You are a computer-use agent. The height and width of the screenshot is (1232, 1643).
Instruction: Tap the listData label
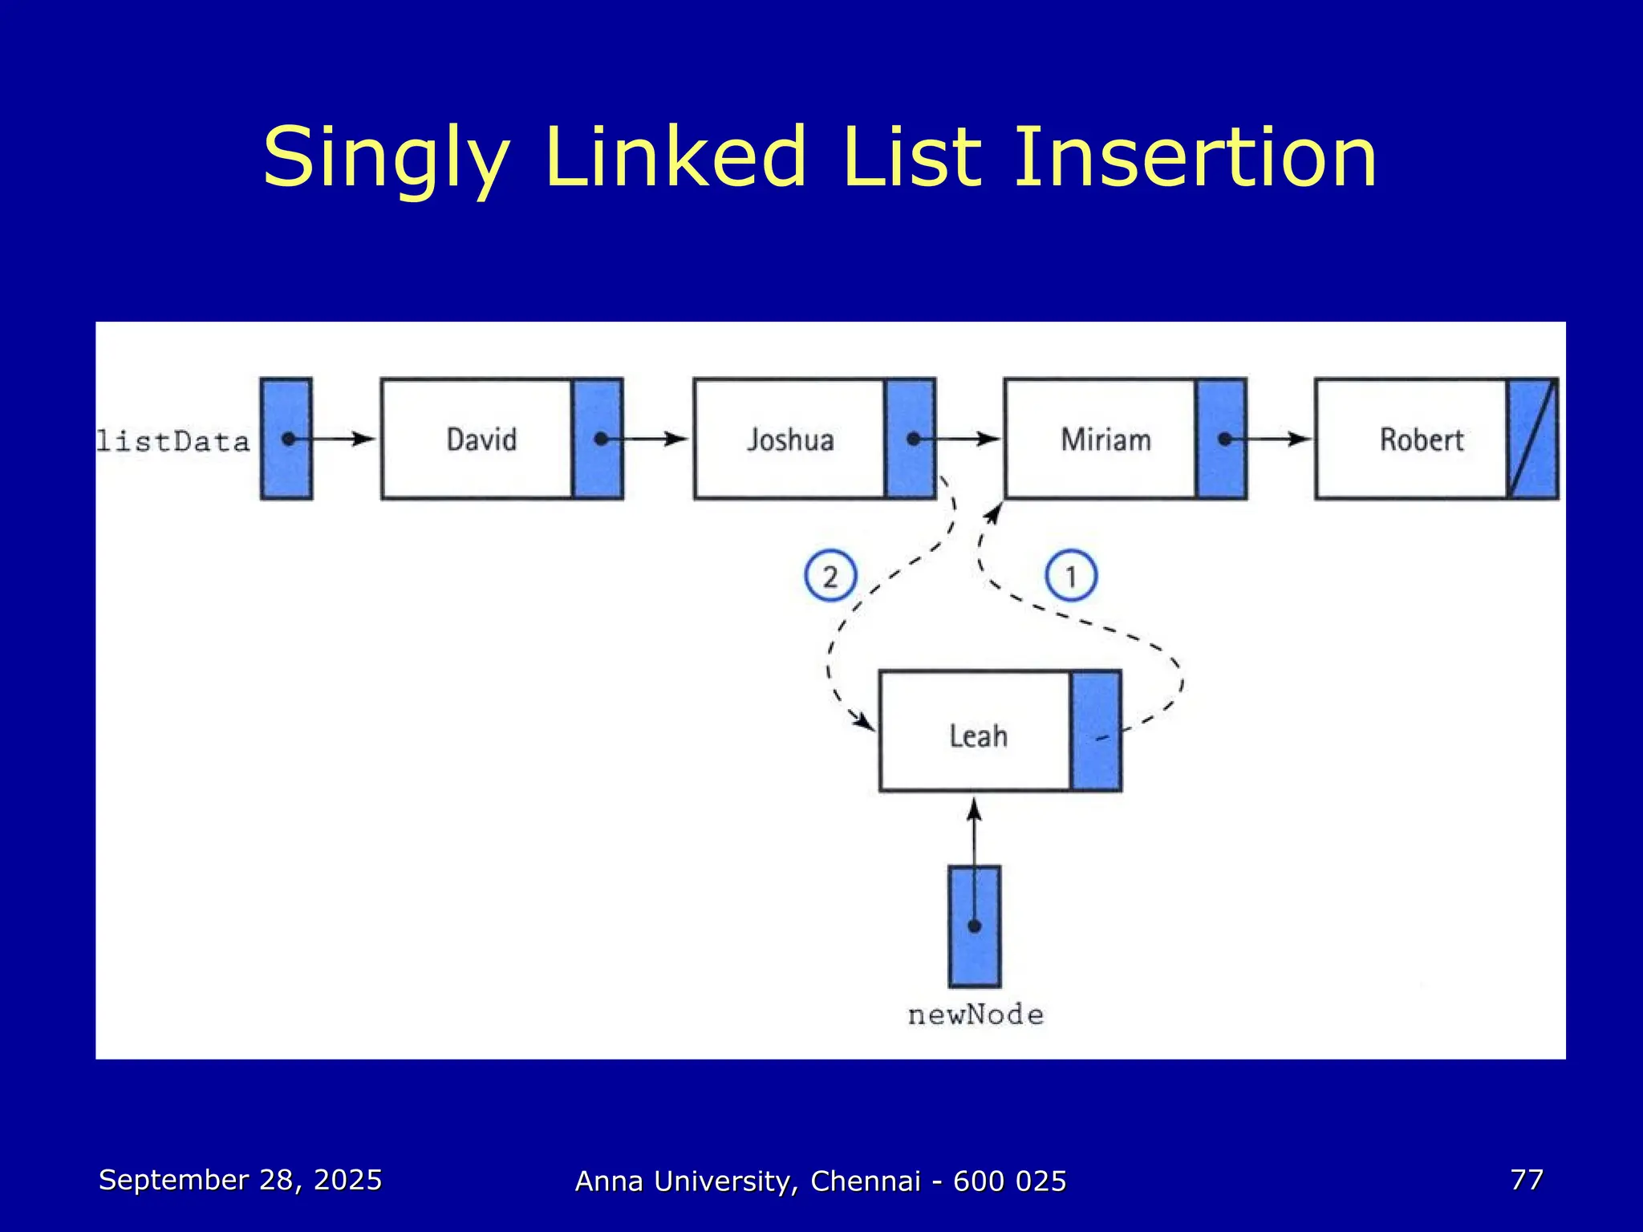[173, 441]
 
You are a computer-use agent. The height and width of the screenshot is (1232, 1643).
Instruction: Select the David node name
[481, 440]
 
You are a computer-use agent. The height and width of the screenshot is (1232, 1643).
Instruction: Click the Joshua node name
[790, 440]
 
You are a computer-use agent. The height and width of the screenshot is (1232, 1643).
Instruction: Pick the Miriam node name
[1105, 440]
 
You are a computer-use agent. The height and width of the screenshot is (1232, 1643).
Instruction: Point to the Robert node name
[1421, 440]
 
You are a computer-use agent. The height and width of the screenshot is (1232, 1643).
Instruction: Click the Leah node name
[978, 736]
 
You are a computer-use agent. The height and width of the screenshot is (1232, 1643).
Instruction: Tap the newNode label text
[976, 1015]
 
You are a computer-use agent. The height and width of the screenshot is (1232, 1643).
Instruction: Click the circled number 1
[1070, 576]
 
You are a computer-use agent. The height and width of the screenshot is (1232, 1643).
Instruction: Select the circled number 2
[830, 576]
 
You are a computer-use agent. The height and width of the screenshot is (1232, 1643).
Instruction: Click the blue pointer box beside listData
[286, 439]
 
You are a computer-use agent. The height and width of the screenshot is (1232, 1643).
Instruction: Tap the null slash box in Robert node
[1533, 439]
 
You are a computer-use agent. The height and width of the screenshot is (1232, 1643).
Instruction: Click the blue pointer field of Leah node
[1096, 731]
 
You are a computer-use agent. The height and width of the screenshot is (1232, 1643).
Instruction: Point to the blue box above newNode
[974, 926]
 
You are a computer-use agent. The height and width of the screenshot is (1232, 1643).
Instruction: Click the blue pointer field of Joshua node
[910, 439]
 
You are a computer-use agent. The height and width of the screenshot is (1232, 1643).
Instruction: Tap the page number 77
[1526, 1180]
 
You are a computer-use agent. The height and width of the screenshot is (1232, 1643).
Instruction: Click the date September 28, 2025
[240, 1180]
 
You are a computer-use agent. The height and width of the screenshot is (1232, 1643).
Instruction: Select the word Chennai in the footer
[866, 1181]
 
